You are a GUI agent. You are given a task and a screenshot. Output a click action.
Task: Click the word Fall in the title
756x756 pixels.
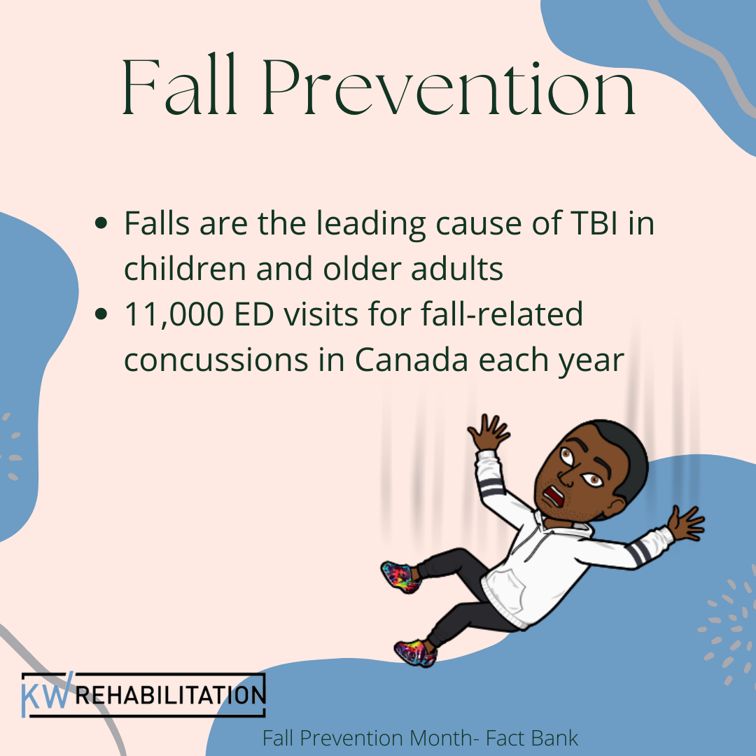180,89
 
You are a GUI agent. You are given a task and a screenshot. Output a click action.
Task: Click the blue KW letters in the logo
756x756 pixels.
46,695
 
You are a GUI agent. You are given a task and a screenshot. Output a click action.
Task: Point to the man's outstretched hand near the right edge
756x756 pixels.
685,524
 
